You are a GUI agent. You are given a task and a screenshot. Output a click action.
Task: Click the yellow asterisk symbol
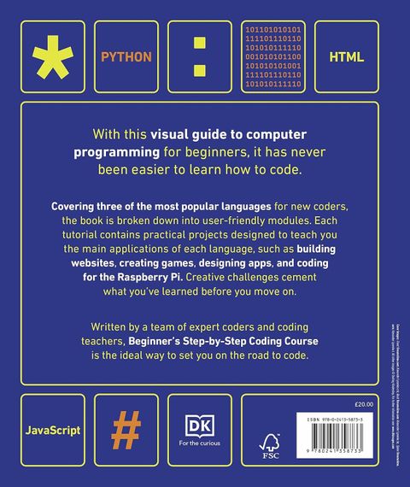(53, 56)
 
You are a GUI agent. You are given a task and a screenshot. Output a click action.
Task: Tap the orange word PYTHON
(126, 57)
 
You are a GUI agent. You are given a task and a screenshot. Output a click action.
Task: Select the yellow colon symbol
(199, 56)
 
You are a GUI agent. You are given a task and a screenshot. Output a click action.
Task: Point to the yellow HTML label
(346, 57)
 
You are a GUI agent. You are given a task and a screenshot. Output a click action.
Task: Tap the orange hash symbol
(126, 424)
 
